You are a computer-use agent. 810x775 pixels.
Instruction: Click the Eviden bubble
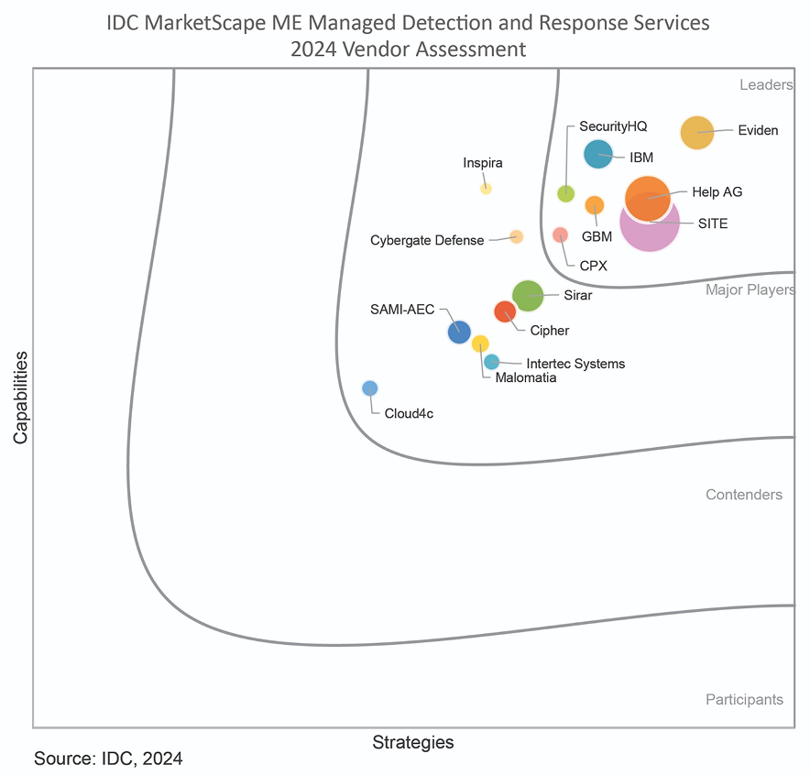(x=697, y=132)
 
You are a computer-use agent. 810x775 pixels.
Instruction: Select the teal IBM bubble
(x=598, y=154)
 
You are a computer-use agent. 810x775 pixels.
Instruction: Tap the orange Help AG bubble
(x=648, y=199)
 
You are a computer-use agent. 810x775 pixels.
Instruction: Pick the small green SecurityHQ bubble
(x=566, y=192)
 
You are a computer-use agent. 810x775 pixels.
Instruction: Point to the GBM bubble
(x=595, y=205)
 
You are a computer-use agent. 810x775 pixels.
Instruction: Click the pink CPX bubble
(x=560, y=235)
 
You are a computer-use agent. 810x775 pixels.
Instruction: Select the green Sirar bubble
(x=528, y=295)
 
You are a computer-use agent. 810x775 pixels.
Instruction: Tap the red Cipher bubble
(x=505, y=311)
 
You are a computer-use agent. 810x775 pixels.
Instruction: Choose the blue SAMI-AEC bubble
(x=459, y=332)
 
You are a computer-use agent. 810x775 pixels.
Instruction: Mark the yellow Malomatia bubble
(x=480, y=344)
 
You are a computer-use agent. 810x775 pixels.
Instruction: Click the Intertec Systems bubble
(x=491, y=362)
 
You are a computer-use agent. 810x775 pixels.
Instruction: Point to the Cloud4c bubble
(x=369, y=387)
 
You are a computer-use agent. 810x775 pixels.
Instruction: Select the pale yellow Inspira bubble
(x=486, y=188)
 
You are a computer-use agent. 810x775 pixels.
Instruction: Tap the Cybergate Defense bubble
(x=516, y=236)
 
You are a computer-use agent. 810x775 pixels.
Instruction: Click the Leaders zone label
(x=765, y=85)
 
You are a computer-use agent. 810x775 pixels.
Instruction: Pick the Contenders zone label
(x=743, y=495)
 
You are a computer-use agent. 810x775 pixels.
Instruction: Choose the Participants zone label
(x=744, y=700)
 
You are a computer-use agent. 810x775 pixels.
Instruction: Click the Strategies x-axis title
(x=412, y=742)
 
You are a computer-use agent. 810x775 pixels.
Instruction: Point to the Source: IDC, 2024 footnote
(x=108, y=759)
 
